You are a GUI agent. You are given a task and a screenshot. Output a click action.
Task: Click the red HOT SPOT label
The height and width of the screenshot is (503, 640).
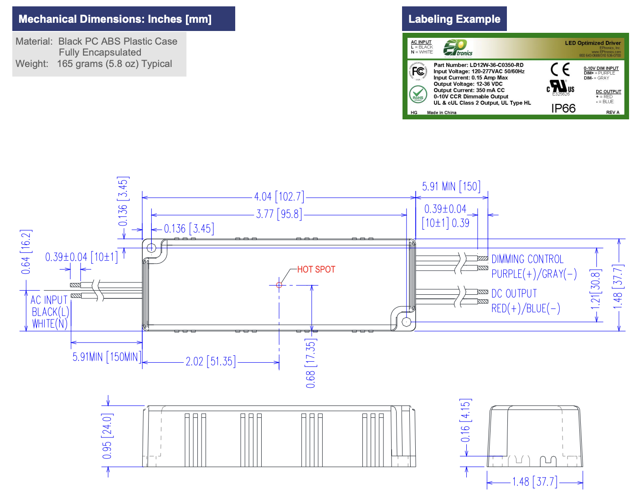[316, 269]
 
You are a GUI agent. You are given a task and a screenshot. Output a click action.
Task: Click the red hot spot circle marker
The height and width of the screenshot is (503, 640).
[279, 285]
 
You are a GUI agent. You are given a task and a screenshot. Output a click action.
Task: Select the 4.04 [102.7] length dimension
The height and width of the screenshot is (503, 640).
[279, 197]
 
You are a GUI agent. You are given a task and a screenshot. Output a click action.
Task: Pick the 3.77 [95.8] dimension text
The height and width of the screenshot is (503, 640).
[279, 214]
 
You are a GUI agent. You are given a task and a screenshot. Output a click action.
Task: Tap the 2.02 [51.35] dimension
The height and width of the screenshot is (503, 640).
[211, 362]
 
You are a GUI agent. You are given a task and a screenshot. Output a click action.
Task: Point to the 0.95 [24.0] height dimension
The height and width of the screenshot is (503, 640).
[108, 436]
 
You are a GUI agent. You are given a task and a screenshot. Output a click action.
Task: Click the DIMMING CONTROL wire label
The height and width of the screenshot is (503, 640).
[527, 259]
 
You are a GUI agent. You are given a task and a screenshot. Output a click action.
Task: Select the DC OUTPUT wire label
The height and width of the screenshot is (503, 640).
[514, 294]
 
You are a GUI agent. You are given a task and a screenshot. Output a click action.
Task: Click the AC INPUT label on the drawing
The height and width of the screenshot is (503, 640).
[49, 300]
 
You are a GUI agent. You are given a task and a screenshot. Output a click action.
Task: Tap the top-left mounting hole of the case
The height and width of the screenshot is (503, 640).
[151, 248]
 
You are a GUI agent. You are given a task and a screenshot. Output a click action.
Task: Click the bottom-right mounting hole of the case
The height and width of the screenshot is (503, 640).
[407, 322]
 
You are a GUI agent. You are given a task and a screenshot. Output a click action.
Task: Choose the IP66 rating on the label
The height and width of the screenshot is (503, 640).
[563, 108]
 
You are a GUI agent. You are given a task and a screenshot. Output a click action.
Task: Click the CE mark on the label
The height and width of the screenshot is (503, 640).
[560, 70]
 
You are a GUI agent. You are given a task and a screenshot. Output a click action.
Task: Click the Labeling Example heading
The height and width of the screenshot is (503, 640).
[454, 19]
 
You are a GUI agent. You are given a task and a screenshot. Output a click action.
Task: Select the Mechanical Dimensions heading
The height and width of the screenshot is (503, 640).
[115, 19]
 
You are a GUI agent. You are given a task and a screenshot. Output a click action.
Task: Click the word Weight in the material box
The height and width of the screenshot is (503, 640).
[31, 64]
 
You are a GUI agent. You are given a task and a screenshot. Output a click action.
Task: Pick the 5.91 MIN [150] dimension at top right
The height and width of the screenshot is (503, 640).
[451, 187]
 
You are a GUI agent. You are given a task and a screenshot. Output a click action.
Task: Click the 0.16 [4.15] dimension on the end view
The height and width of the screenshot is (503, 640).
[465, 421]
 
